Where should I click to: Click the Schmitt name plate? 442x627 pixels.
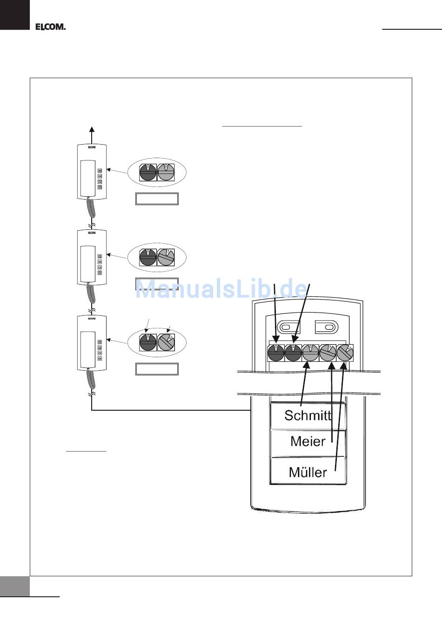tap(308, 415)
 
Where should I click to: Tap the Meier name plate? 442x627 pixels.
tap(308, 441)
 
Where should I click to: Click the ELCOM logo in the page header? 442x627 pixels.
tap(50, 27)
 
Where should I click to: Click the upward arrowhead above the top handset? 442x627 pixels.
tap(92, 130)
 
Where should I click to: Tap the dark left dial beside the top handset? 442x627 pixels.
tap(148, 173)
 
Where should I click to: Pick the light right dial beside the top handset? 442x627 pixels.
tap(166, 173)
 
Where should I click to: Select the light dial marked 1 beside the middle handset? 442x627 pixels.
tap(166, 257)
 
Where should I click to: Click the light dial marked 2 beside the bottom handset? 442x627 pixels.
tap(166, 342)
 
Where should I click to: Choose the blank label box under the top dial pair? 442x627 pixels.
tap(157, 199)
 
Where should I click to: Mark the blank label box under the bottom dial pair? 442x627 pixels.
tap(157, 369)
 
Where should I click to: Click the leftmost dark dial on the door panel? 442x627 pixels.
tap(276, 353)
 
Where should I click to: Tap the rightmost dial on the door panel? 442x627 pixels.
tap(345, 353)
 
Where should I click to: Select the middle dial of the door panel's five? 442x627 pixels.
tap(310, 353)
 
